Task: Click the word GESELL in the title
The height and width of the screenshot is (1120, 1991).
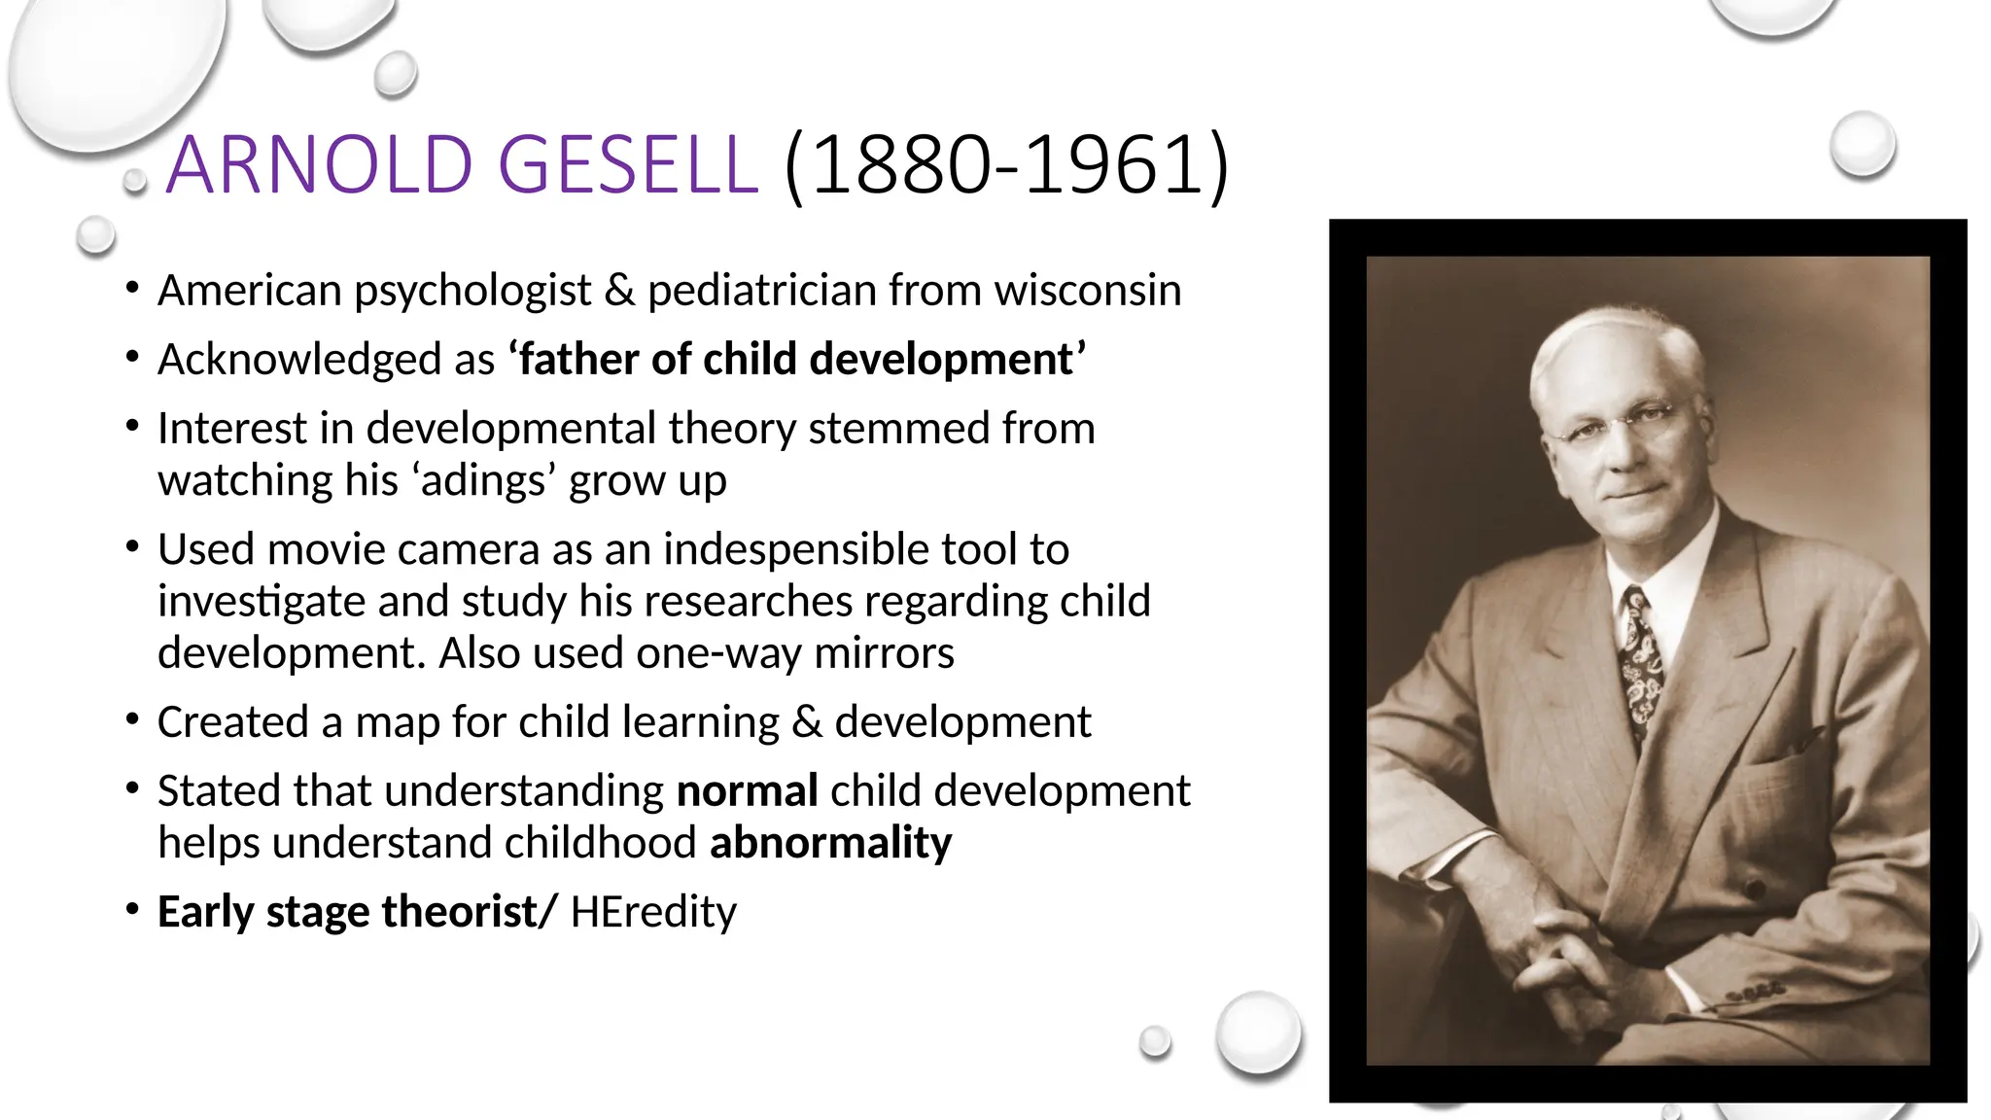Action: [627, 164]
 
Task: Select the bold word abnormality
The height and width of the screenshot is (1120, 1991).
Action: [831, 843]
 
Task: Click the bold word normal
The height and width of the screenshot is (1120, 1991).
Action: [747, 791]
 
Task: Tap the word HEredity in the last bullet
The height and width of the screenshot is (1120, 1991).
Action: [653, 912]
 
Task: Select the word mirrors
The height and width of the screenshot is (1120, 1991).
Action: [884, 653]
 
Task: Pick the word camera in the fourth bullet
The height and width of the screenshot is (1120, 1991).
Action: [469, 549]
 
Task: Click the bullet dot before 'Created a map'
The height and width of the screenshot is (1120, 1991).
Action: [132, 720]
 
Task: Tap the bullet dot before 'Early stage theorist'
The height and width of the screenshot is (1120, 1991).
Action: [132, 910]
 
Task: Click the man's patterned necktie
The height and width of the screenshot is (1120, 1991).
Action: [1642, 661]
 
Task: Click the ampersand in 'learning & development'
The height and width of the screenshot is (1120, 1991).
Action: [807, 722]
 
